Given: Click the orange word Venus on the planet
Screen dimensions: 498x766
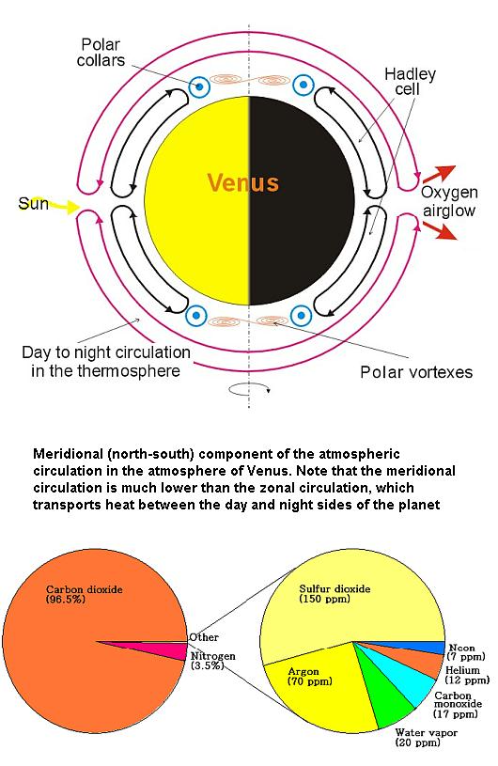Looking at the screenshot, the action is (x=243, y=183).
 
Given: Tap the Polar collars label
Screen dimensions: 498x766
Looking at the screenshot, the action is (x=101, y=53).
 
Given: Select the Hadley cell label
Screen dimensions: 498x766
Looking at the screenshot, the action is (x=409, y=82).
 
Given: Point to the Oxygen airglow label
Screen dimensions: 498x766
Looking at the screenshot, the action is (x=449, y=201).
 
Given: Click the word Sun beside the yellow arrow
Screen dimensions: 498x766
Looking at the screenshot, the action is (x=33, y=203).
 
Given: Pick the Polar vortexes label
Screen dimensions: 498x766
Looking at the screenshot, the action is (x=416, y=372).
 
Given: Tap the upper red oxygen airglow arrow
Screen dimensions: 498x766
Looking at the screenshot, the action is (x=439, y=174).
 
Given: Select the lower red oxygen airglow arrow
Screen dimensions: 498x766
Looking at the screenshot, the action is (x=440, y=230).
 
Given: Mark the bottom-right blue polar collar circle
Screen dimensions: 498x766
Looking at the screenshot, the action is (x=302, y=315).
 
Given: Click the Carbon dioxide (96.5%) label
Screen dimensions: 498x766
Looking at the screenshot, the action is (x=84, y=594).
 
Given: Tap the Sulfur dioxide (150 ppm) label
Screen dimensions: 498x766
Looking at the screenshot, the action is (x=335, y=594).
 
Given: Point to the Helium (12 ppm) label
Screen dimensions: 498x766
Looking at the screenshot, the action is (x=467, y=675).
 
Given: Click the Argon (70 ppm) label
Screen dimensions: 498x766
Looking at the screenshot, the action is (x=309, y=676).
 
